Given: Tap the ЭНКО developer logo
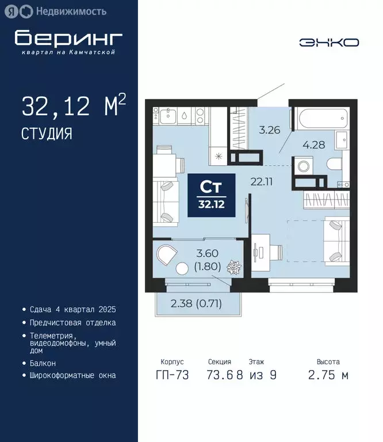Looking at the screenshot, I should tap(329, 42).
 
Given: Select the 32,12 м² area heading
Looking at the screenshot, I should tap(74, 107).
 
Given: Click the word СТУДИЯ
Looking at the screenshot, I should tap(47, 134).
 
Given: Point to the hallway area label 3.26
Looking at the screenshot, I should tap(269, 129).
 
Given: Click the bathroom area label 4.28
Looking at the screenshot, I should tap(314, 145).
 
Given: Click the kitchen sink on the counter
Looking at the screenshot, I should tap(183, 115).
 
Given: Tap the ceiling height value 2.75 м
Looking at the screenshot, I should tap(328, 375).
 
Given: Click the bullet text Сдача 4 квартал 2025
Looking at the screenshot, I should tap(72, 310).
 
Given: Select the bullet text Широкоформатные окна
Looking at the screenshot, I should tap(72, 375).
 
